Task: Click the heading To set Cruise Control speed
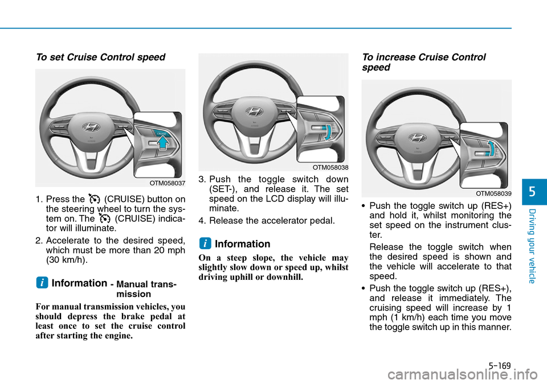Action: point(100,57)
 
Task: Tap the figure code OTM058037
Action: point(168,183)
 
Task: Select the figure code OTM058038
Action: point(330,168)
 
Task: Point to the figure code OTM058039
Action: point(493,194)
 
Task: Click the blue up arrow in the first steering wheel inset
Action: point(162,142)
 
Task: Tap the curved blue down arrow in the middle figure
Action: point(328,133)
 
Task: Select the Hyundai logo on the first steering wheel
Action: point(91,127)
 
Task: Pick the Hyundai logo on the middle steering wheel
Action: point(254,112)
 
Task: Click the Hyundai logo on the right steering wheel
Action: point(417,138)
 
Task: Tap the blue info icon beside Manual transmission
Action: point(42,283)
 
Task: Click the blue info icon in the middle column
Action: point(205,243)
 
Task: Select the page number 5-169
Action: point(500,366)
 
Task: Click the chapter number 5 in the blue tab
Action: point(532,192)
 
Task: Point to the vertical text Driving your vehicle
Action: point(532,246)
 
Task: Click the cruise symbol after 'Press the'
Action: point(94,199)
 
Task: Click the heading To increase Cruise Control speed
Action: point(423,62)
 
